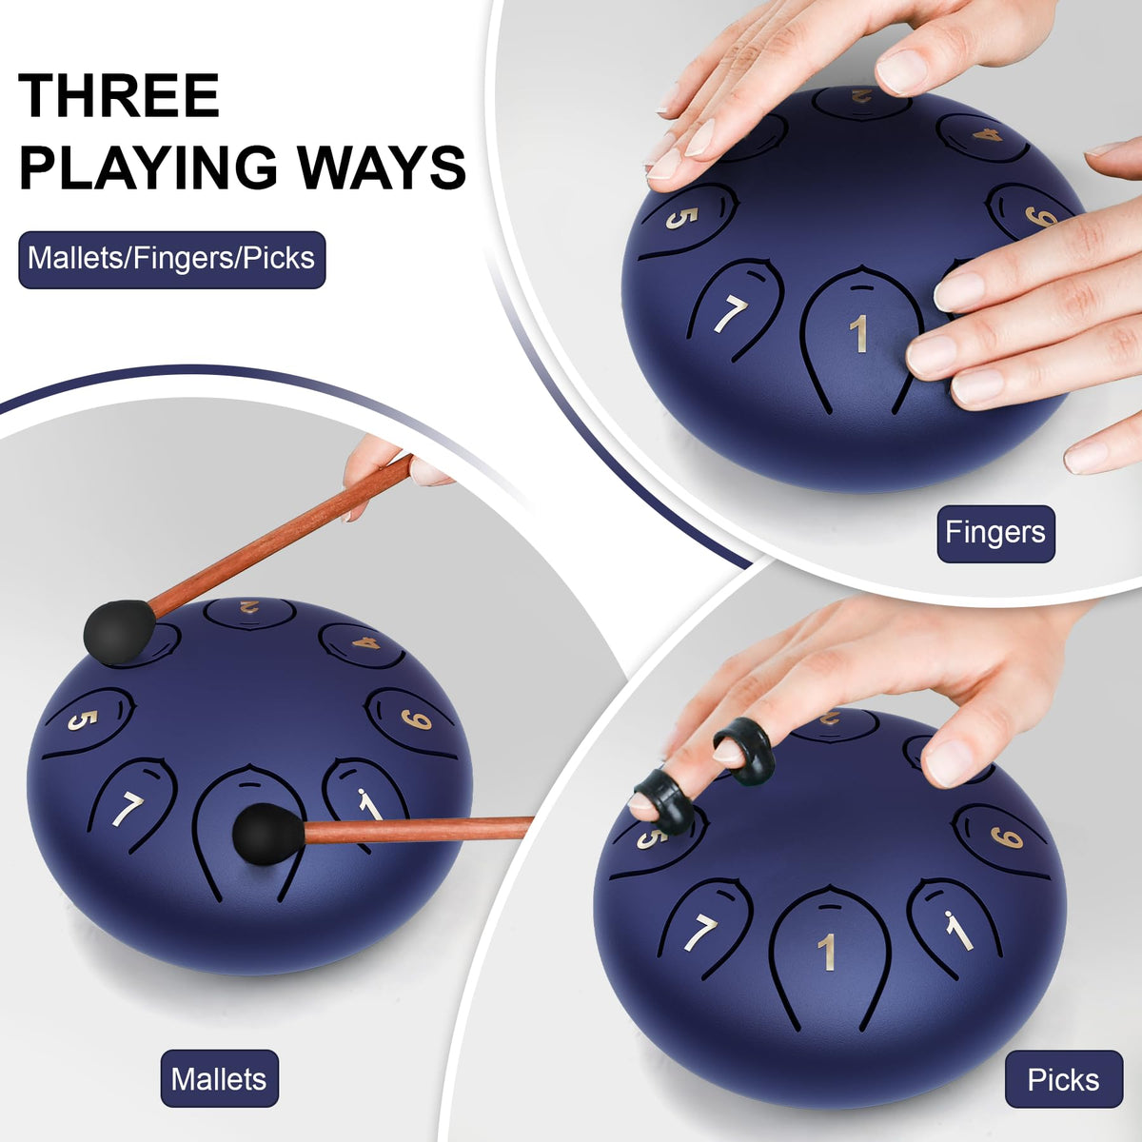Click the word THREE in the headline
click(119, 95)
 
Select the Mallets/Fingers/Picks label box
click(172, 260)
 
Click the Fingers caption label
click(995, 533)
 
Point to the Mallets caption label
click(219, 1078)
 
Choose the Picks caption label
click(1064, 1079)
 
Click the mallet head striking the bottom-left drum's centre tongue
click(267, 835)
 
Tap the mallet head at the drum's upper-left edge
click(120, 631)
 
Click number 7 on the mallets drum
click(128, 810)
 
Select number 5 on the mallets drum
click(83, 719)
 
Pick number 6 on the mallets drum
click(416, 719)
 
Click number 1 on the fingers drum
click(859, 334)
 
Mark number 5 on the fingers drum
click(681, 218)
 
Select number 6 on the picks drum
click(1007, 837)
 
